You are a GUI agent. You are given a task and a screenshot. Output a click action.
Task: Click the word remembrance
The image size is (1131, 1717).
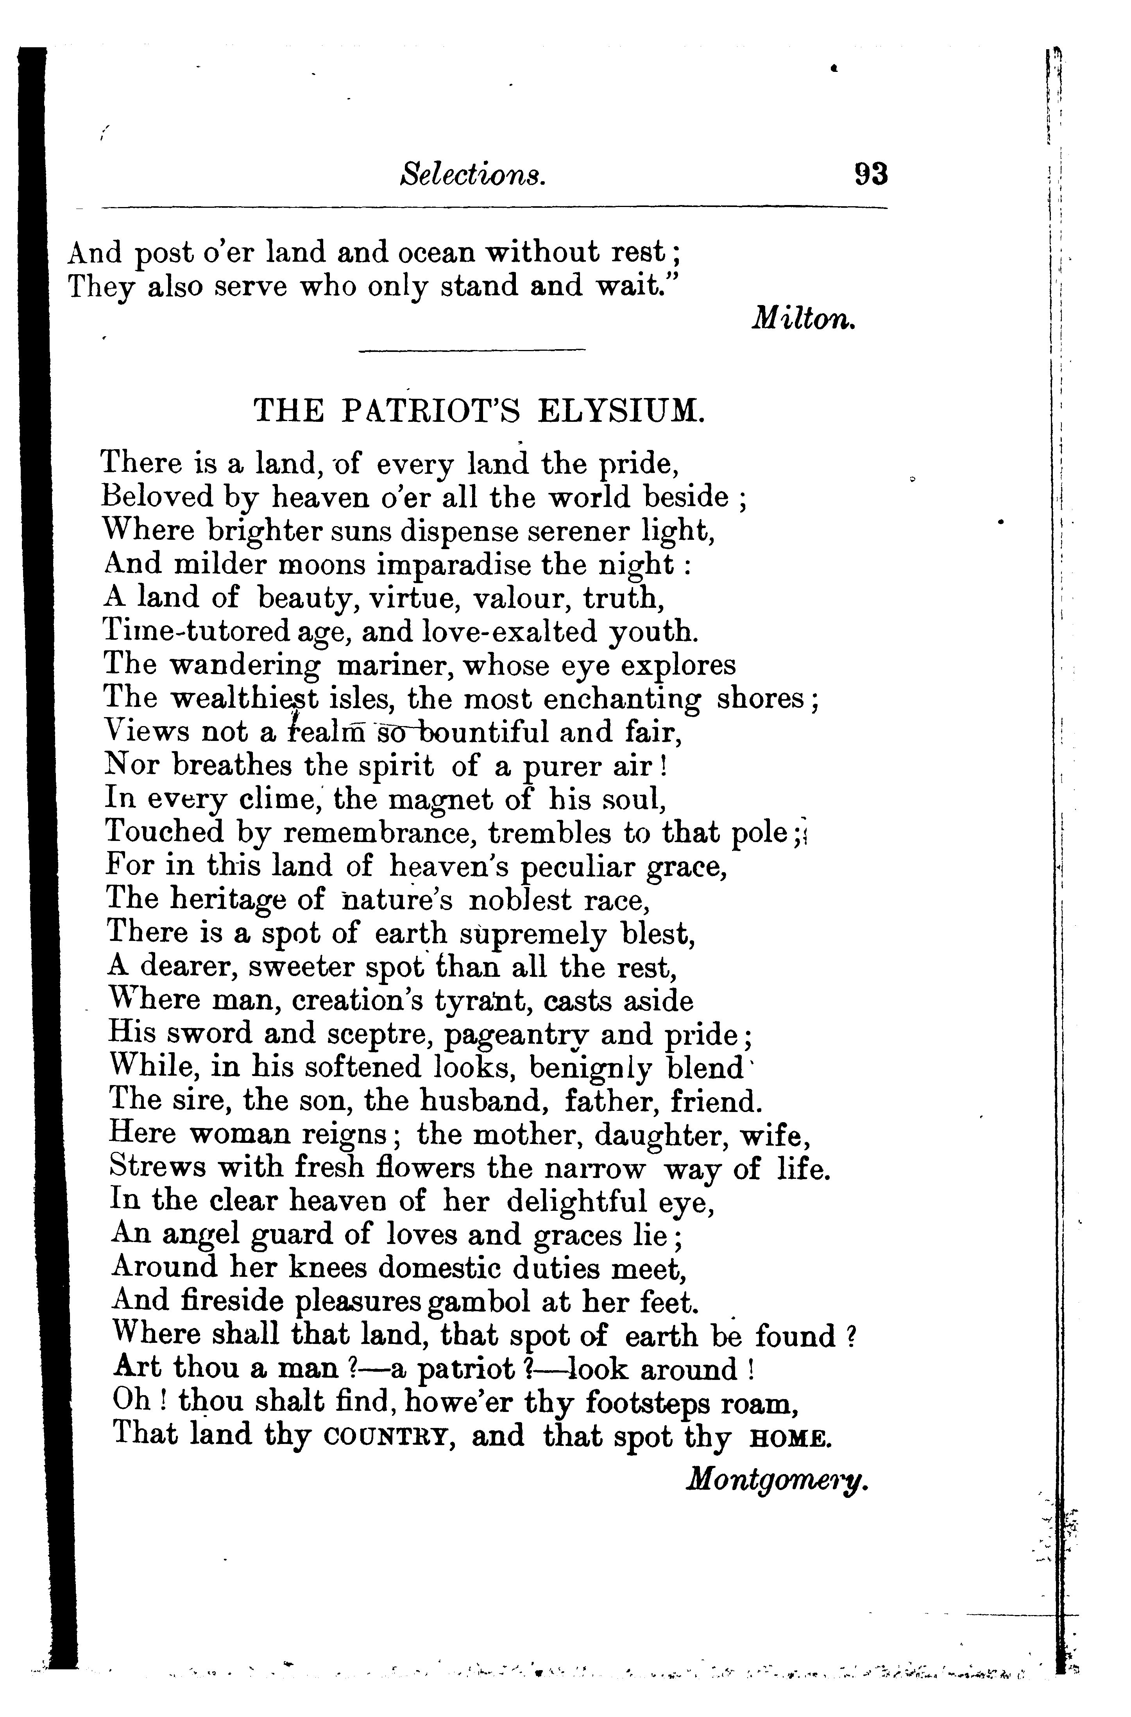(x=379, y=833)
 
